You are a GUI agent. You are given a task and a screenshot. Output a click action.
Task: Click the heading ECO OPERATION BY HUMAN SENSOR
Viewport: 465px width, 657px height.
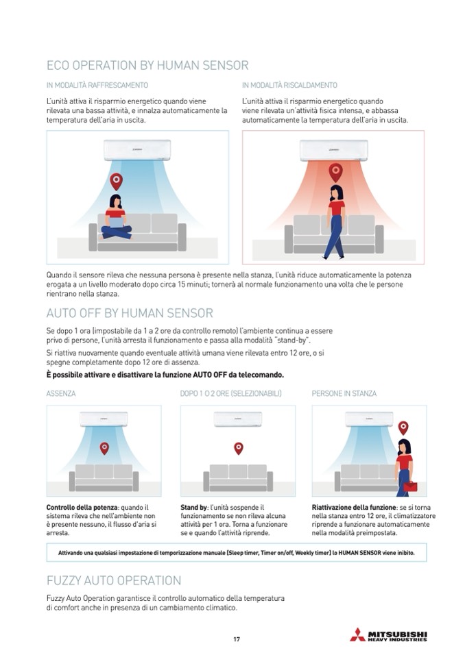tap(147, 66)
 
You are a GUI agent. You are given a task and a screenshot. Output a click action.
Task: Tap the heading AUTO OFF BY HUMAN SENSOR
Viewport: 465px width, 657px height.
tap(130, 313)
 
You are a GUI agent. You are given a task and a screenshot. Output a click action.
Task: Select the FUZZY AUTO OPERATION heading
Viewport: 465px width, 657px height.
tap(114, 580)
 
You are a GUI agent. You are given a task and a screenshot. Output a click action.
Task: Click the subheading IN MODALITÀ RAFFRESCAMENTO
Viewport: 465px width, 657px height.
tap(97, 86)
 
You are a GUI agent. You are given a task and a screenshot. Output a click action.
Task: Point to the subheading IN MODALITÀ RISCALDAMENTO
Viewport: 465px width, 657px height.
tap(289, 86)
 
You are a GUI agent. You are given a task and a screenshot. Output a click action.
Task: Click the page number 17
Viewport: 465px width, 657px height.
tap(237, 639)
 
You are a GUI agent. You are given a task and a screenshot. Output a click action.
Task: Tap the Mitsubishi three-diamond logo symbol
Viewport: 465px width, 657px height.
tap(357, 634)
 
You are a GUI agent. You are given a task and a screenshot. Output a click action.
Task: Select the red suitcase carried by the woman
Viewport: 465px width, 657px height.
tap(410, 486)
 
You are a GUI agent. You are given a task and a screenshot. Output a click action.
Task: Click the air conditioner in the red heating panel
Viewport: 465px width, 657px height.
tap(333, 149)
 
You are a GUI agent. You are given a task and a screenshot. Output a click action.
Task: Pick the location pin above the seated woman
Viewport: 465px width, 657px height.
tap(117, 181)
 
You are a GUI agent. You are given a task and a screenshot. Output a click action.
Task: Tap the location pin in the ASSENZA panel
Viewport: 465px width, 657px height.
tap(104, 448)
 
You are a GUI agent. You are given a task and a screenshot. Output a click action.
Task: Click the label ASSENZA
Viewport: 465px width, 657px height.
tap(61, 394)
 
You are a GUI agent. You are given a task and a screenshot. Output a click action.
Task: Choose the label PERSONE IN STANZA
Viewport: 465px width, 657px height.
tap(344, 394)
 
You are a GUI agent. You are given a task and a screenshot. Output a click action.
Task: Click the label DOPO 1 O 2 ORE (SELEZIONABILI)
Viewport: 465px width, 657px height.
tap(230, 394)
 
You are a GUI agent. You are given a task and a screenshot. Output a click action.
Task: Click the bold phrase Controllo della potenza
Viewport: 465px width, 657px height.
tap(77, 508)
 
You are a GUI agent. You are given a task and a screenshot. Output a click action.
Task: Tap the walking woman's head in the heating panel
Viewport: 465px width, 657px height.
tap(336, 193)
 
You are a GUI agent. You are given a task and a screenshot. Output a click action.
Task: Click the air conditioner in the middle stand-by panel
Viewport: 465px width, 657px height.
tap(237, 419)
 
